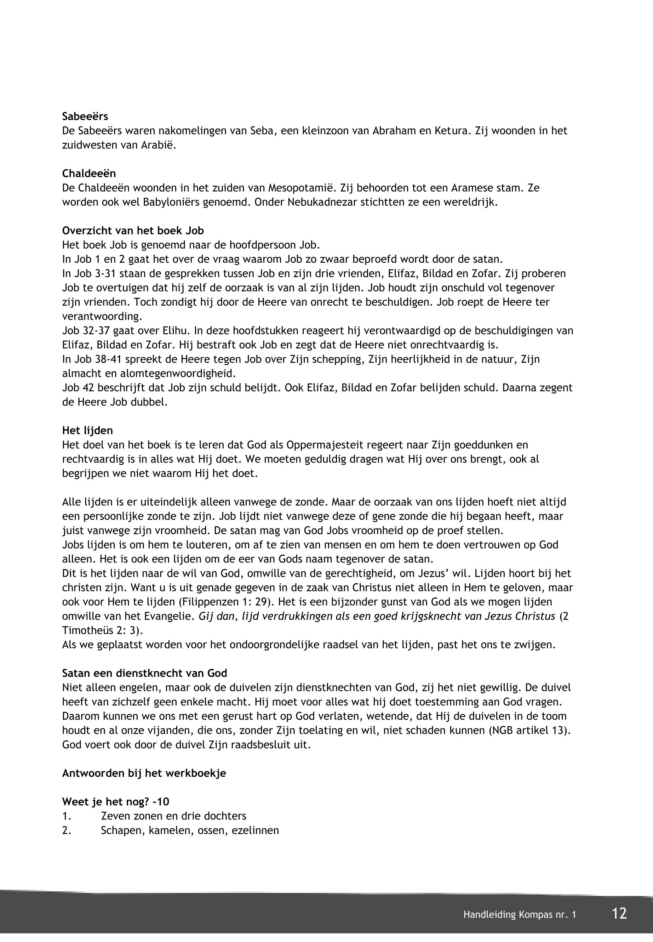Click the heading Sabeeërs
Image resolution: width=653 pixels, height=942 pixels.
pyautogui.click(x=85, y=117)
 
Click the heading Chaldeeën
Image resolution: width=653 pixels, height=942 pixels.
pyautogui.click(x=89, y=174)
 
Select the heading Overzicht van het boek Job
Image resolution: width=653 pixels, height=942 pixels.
pyautogui.click(x=133, y=231)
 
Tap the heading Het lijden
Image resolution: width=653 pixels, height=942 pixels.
pyautogui.click(x=87, y=431)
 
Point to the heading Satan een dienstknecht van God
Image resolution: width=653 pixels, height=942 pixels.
pyautogui.click(x=144, y=673)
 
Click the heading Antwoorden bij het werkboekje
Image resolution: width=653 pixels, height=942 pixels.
pyautogui.click(x=144, y=773)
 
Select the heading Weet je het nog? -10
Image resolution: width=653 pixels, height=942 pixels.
pyautogui.click(x=115, y=801)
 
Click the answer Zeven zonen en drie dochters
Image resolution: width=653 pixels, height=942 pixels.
pyautogui.click(x=173, y=816)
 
